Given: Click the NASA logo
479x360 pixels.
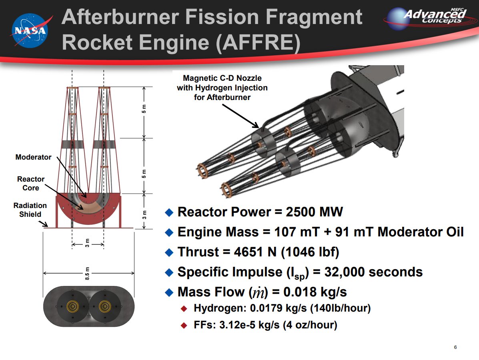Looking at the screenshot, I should coord(28,29).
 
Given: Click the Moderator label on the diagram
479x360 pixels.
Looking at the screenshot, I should coord(33,157).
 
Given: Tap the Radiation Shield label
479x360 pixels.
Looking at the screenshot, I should coord(30,210).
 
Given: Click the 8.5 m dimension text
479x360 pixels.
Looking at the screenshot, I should coord(87,273).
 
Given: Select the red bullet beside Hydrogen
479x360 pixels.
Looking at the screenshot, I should coord(184,308).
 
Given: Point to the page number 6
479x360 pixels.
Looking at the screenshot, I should coord(455,347).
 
